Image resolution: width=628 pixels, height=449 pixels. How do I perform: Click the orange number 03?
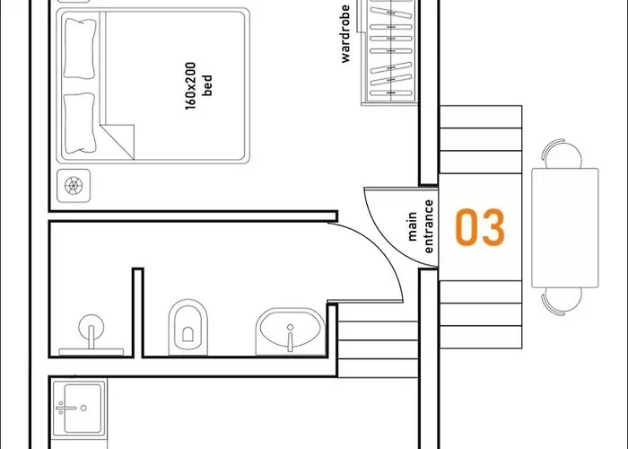tap(479, 228)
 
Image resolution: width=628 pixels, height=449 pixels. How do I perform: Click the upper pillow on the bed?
tap(80, 48)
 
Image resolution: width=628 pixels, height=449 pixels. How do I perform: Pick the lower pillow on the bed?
tap(80, 123)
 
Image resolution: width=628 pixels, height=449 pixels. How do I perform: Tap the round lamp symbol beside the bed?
tap(74, 186)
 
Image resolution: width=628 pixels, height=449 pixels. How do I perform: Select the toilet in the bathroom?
tap(188, 324)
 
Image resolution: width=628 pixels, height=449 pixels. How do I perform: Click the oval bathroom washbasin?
tap(289, 332)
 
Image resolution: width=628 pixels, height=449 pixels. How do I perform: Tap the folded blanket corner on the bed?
tap(119, 137)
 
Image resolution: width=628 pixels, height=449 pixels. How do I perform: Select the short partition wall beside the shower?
tap(138, 310)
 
